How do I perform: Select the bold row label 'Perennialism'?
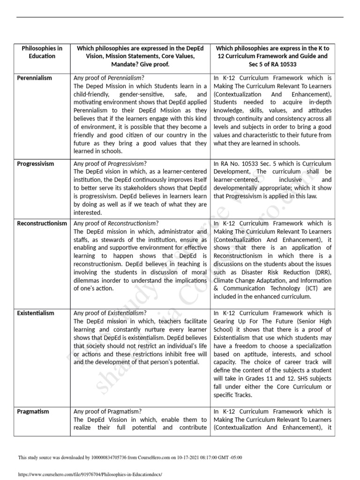coord(35,78)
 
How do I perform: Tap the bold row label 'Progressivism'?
coord(36,164)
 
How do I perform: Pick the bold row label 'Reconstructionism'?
coord(42,223)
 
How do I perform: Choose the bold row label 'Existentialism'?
coord(36,313)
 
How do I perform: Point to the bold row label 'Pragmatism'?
coord(33,411)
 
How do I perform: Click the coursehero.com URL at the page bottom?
coord(90,474)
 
